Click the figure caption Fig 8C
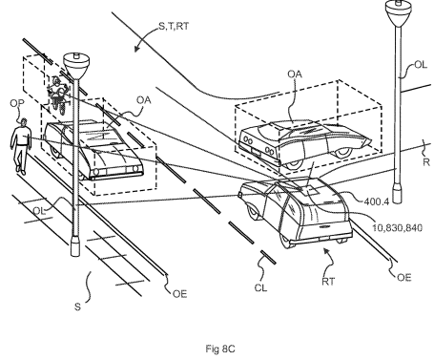coord(217,348)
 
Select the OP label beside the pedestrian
coord(15,105)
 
